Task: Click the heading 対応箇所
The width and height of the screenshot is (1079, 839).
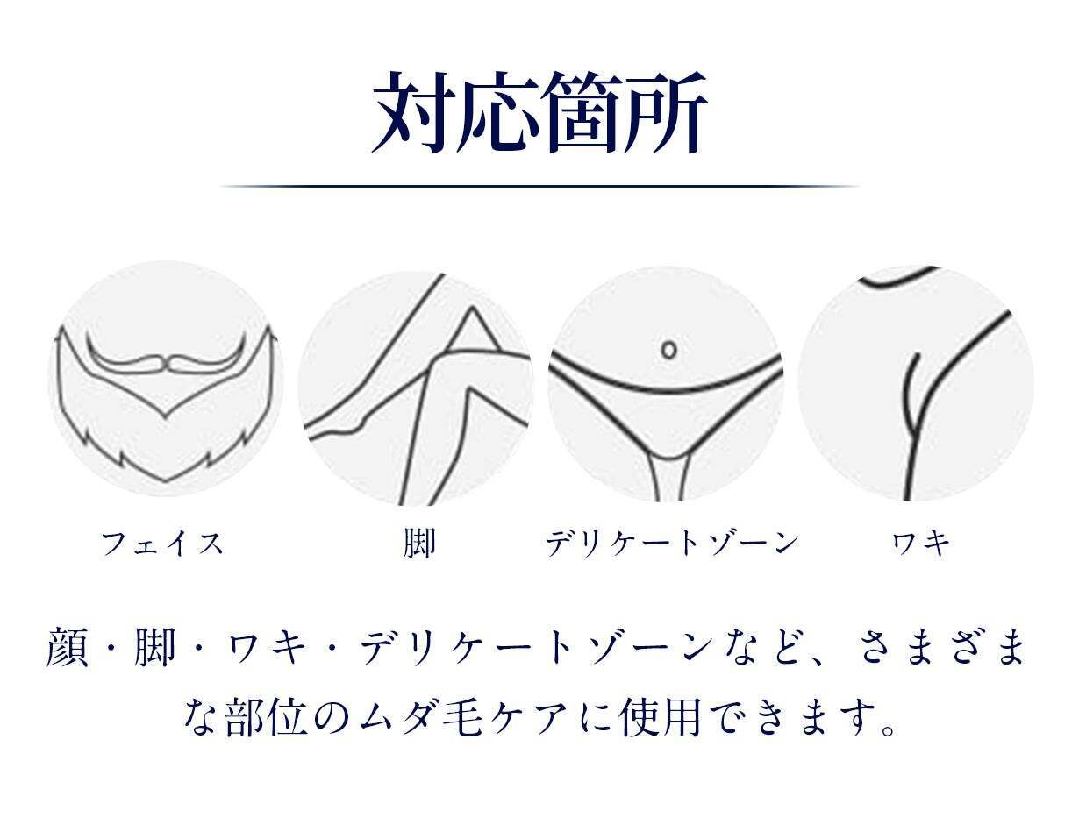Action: pos(539,112)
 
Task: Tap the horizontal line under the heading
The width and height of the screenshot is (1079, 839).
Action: pos(539,186)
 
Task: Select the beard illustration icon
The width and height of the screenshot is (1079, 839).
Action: pos(167,379)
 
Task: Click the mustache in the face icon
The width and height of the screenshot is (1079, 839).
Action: pos(168,359)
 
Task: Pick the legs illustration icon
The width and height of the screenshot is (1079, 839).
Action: pos(416,388)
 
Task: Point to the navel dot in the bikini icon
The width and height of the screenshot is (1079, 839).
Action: pos(669,350)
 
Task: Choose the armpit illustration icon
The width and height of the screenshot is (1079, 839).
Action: pos(916,383)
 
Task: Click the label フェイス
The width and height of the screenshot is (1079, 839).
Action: pos(162,544)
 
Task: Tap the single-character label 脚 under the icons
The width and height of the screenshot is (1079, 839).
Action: pos(419,544)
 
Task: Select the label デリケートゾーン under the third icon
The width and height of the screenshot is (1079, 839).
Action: pos(672,544)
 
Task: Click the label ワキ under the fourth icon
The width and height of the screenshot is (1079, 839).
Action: pos(921,544)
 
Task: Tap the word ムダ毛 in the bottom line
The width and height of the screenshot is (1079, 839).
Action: pos(420,718)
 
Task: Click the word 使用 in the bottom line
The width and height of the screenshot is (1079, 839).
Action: pos(660,718)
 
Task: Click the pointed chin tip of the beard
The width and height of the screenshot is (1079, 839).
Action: pos(166,480)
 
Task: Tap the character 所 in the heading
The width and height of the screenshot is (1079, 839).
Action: pos(667,112)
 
